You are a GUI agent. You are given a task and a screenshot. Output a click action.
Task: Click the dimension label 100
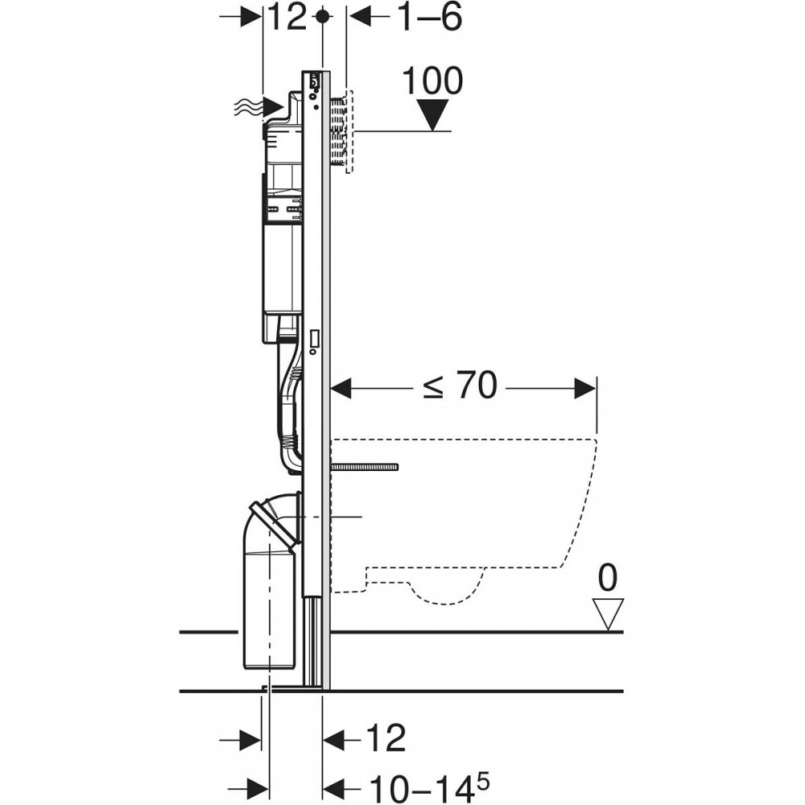coord(432,81)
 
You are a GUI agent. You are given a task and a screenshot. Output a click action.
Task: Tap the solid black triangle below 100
coord(433,115)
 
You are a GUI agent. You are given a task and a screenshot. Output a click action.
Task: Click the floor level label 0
coord(608,577)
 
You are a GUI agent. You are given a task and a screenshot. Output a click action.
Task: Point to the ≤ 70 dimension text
coord(460,385)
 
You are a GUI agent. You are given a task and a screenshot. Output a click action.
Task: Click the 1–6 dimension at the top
coord(430,17)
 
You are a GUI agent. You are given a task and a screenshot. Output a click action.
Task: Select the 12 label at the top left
coord(287,17)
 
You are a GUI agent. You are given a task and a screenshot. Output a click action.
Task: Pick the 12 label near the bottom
coord(386,738)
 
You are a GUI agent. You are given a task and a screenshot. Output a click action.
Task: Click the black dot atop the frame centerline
coord(323,16)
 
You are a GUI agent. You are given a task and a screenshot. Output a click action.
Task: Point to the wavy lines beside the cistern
coord(247,107)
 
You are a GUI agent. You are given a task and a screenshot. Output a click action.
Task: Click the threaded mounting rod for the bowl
coord(365,467)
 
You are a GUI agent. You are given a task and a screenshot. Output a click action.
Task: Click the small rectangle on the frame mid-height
coord(314,338)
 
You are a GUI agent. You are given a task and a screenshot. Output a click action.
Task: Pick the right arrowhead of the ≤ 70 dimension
coord(585,389)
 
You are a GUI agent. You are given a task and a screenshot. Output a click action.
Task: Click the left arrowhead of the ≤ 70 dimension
coord(341,389)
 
